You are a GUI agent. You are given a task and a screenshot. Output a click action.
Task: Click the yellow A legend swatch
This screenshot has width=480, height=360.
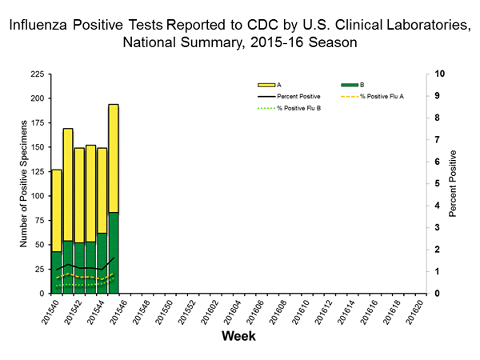266,84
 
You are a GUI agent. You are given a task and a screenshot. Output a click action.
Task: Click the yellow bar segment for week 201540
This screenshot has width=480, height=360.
57,210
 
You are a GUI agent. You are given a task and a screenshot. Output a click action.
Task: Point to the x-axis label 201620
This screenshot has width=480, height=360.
414,314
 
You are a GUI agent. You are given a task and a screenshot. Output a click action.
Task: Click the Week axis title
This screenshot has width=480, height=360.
238,337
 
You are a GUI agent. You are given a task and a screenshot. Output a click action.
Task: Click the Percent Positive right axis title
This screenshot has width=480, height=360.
454,183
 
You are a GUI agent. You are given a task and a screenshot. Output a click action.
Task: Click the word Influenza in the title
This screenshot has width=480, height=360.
40,26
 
